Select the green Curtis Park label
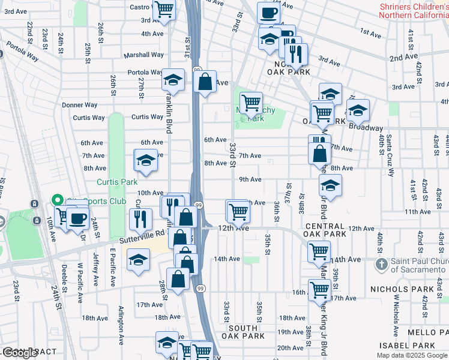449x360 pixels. point(118,182)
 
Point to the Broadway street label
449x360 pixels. point(367,128)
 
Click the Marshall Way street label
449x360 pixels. point(143,55)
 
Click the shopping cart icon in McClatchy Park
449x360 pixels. point(250,103)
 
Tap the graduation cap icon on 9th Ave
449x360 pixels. point(330,185)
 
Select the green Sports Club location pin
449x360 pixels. point(58,200)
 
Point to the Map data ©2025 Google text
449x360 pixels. point(412,355)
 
